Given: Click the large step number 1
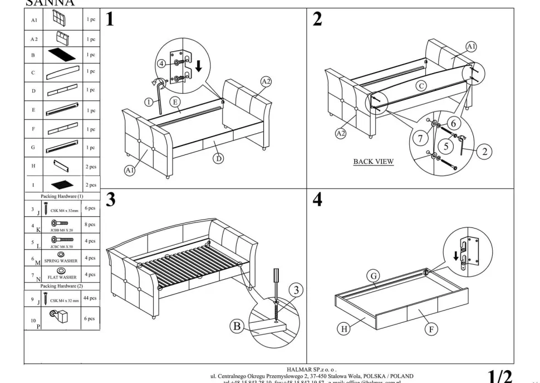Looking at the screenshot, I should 110,20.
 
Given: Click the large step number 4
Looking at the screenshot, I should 317,200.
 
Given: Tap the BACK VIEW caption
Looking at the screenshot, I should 374,162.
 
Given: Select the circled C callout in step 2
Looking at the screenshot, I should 421,86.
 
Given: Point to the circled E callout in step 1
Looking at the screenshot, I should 174,101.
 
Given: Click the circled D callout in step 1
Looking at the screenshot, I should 219,158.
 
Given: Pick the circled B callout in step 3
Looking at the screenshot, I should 237,327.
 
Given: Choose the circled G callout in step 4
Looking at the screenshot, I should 374,276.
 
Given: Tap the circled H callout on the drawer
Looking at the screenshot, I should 345,329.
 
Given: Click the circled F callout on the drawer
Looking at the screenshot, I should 431,329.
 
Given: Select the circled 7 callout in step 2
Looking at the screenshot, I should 420,138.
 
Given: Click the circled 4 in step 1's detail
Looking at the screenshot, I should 161,64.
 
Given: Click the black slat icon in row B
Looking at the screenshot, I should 61,55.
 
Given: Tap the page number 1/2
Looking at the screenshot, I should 500,376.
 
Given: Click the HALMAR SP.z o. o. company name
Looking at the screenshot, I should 312,369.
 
